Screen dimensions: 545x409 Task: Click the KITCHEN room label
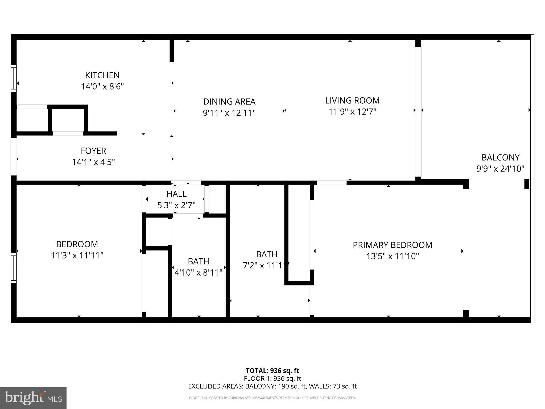click(x=102, y=75)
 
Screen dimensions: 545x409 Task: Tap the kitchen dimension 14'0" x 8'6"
click(x=102, y=87)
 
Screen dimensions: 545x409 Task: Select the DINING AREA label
click(x=229, y=102)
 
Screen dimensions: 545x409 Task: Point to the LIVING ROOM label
click(x=352, y=100)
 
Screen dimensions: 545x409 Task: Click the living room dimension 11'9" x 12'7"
click(x=352, y=112)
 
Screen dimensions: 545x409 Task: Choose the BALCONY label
click(x=500, y=158)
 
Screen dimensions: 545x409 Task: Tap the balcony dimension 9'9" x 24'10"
click(x=500, y=169)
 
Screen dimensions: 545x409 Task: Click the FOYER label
click(x=93, y=151)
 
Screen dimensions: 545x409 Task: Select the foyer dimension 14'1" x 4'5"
click(x=93, y=162)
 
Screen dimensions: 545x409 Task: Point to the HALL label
click(x=176, y=194)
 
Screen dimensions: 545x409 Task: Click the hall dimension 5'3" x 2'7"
click(x=176, y=205)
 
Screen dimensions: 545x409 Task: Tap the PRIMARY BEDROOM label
click(x=393, y=245)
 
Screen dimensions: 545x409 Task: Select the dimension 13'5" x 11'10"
click(x=393, y=256)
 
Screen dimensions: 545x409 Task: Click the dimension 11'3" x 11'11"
click(x=77, y=256)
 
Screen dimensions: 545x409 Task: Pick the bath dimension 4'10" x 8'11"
click(x=198, y=273)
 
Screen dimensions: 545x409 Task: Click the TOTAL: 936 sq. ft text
click(x=272, y=371)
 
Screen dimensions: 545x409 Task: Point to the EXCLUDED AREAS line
click(x=272, y=386)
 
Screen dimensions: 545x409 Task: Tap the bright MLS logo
click(x=33, y=398)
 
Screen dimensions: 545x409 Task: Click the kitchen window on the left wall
click(x=13, y=78)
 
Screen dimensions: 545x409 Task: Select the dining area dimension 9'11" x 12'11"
click(x=229, y=113)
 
